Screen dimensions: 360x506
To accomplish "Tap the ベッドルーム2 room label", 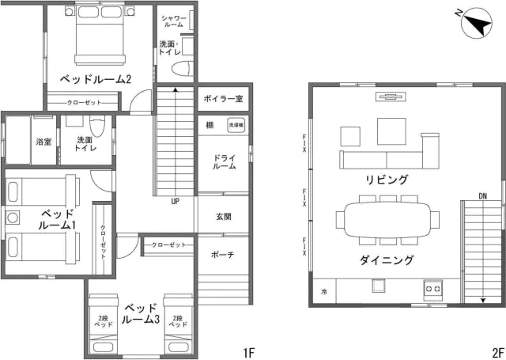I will [96, 79].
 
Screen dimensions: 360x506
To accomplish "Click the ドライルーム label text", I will [224, 162].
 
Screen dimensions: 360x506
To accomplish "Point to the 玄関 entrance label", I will [224, 216].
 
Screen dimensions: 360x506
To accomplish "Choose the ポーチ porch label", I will [223, 255].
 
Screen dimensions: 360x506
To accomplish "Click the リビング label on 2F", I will [387, 180].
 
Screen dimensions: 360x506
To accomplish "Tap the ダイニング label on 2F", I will [387, 259].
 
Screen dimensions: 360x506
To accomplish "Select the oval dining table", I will [387, 218].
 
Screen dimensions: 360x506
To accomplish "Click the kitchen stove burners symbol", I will [434, 290].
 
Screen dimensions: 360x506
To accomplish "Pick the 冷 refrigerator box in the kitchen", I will [323, 291].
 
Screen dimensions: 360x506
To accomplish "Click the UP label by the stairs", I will [174, 201].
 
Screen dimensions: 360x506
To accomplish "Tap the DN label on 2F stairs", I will [482, 195].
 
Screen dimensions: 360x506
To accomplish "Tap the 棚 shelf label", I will [210, 124].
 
